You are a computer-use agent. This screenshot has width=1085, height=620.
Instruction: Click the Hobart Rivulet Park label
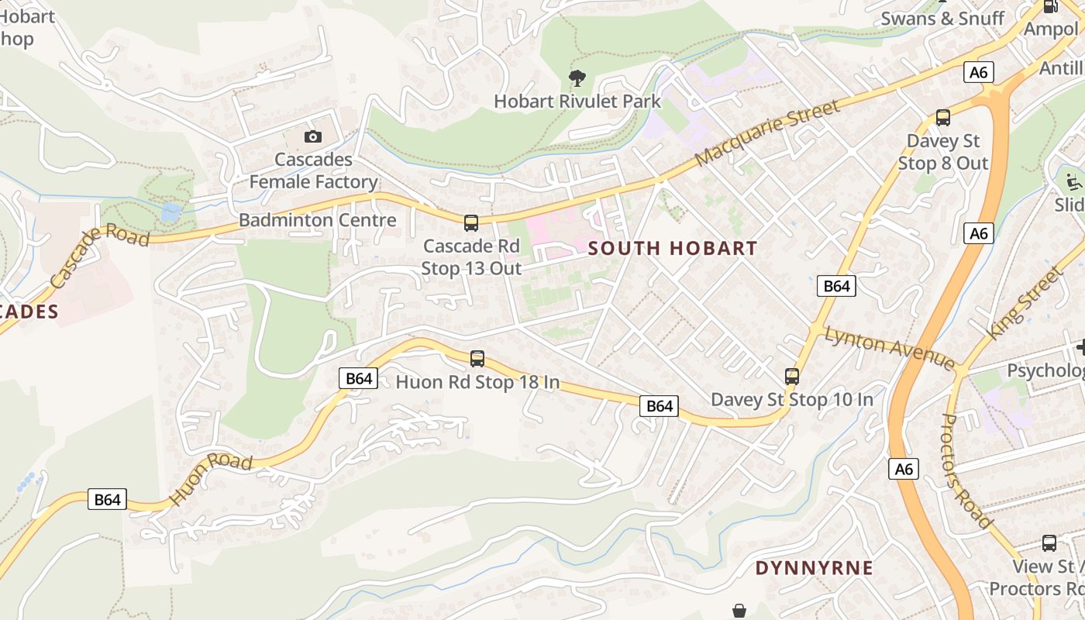577,101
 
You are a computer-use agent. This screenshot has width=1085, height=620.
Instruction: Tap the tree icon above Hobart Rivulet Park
577,77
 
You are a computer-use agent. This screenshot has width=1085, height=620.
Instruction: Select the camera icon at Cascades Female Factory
312,136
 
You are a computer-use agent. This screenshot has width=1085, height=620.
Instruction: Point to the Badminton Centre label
317,220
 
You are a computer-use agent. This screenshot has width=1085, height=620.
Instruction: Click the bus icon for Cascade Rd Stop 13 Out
471,223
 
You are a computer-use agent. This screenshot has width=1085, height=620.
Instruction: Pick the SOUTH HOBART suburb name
673,249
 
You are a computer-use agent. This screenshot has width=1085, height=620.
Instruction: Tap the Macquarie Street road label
767,133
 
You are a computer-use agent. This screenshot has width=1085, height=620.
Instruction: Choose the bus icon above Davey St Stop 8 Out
942,118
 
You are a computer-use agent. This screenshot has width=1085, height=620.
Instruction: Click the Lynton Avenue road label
889,348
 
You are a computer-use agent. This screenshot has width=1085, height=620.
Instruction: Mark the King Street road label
1023,303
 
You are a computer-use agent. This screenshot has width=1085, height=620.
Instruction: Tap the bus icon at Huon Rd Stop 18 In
477,359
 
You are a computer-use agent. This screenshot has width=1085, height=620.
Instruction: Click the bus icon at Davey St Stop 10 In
791,377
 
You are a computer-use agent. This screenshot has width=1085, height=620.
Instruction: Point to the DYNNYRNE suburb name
815,568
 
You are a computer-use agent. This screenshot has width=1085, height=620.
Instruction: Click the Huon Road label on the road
211,479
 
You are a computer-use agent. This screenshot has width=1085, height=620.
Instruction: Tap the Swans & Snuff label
942,19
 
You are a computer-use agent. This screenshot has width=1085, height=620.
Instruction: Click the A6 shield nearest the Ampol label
979,72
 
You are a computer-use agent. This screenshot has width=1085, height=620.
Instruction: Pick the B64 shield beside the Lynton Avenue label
836,286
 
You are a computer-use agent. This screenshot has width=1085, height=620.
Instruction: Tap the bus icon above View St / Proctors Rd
1049,543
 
